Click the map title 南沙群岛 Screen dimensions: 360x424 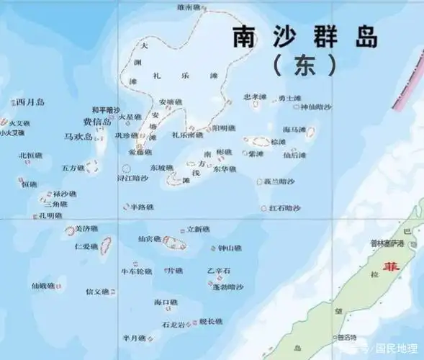point(305,37)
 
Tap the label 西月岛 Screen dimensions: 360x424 point(30,102)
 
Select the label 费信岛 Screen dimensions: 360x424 point(96,122)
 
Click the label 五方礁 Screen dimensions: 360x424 point(73,168)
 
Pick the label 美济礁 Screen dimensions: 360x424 point(86,229)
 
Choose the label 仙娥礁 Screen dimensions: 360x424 point(43,286)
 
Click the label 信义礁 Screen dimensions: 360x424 point(96,292)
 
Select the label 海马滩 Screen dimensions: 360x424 point(294,130)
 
